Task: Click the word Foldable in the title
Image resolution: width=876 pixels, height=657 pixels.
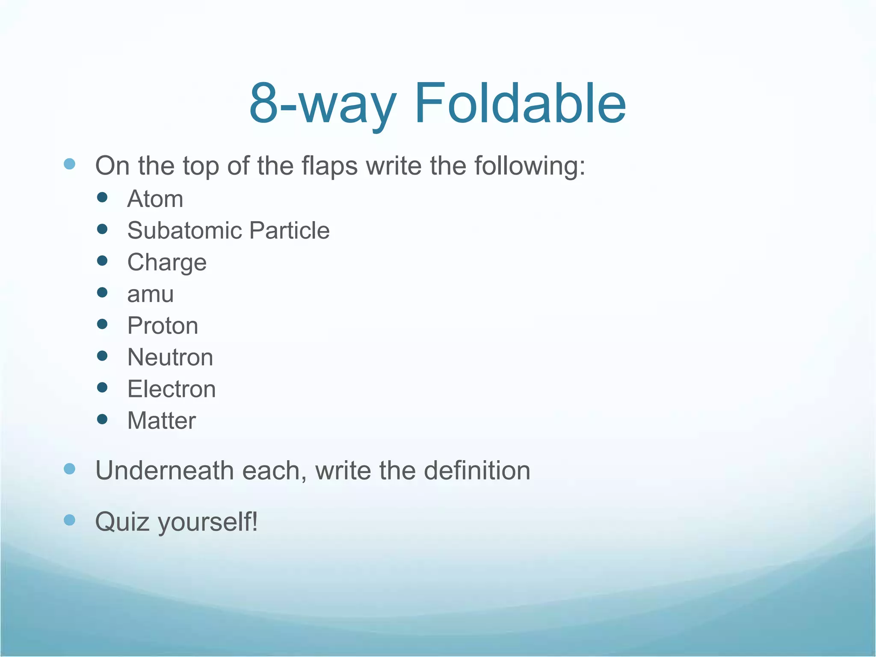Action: (x=520, y=104)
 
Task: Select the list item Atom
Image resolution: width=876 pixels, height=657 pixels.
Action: (x=155, y=199)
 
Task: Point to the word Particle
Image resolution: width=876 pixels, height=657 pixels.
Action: (x=289, y=231)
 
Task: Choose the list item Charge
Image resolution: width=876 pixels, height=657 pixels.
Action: (x=167, y=263)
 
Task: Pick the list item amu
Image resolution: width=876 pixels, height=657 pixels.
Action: (x=151, y=294)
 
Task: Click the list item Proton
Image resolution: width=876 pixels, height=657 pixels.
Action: (x=163, y=326)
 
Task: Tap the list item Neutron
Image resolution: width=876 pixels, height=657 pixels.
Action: (x=170, y=358)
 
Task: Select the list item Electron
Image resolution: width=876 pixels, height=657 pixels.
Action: (x=172, y=389)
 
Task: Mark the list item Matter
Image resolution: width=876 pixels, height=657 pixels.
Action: (x=162, y=421)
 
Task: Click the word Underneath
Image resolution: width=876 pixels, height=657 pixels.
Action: (x=164, y=471)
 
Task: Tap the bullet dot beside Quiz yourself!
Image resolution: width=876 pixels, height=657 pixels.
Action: (x=69, y=520)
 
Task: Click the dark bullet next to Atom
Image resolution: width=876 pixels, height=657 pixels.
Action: (x=102, y=197)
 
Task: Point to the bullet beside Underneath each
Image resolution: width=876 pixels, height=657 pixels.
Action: (x=69, y=469)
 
